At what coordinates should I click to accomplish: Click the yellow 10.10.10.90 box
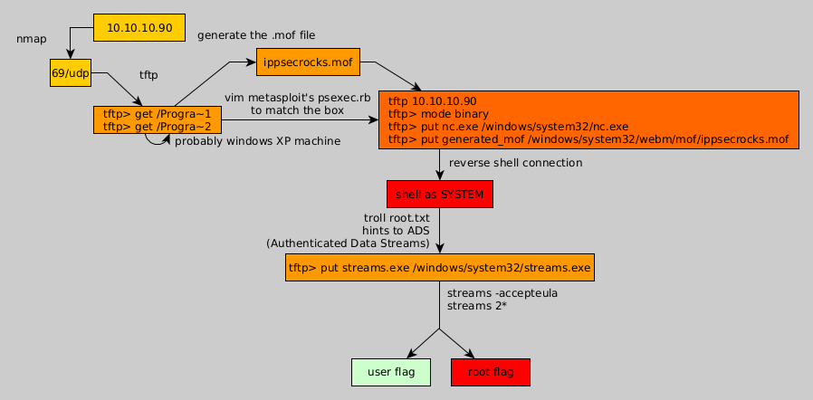pos(139,28)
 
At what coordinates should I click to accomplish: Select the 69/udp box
pos(71,73)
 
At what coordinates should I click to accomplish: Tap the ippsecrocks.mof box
pos(308,62)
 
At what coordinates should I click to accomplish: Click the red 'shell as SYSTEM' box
pos(439,195)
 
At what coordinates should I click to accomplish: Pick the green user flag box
pos(390,372)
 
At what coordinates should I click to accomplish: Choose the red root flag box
pos(490,372)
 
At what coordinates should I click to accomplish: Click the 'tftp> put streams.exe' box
pos(439,268)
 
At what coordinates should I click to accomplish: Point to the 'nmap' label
pos(32,39)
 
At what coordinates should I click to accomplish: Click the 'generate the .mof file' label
pos(256,35)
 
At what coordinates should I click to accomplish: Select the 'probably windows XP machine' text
pos(257,141)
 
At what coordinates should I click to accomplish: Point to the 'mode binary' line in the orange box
pos(438,114)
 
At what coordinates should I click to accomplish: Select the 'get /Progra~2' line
pos(157,127)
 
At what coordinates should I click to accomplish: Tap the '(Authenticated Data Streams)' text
pos(348,243)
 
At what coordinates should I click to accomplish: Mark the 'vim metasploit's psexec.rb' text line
pos(298,97)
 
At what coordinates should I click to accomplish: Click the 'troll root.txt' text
pos(397,217)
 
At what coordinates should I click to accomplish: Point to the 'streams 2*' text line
pos(476,306)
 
